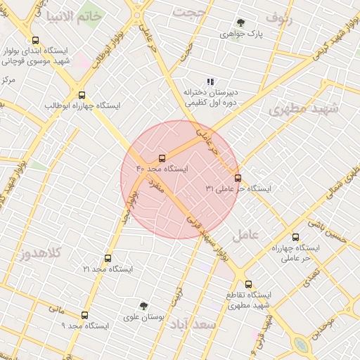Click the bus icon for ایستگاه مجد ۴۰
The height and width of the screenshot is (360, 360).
(x=162, y=158)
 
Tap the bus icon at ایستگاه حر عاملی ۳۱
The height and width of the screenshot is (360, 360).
(x=238, y=178)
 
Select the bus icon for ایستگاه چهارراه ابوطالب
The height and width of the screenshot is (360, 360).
(x=82, y=95)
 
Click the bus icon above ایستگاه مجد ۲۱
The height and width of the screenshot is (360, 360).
(x=108, y=258)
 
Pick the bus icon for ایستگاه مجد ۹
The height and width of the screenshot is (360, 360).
(x=85, y=315)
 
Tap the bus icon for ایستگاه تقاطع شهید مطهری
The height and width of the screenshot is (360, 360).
(x=248, y=284)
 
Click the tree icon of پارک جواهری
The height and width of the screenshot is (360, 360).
(x=241, y=22)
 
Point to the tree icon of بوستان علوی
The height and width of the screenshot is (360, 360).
(x=143, y=306)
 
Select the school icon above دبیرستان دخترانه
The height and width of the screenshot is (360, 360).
(x=210, y=82)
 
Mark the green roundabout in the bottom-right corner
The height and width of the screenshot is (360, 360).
(x=301, y=345)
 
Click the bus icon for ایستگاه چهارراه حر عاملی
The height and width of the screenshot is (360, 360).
(x=295, y=238)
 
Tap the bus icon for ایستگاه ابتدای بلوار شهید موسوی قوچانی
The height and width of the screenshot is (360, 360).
(x=36, y=40)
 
